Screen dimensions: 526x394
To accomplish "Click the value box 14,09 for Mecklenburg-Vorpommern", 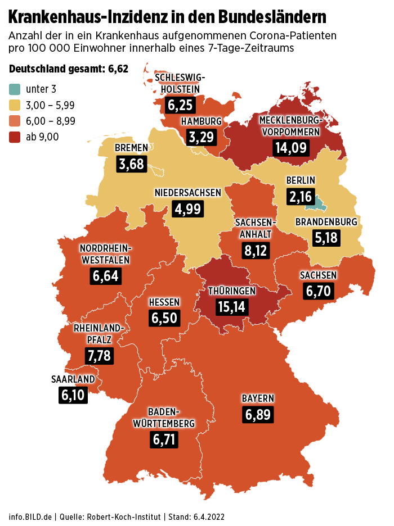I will point(290,147).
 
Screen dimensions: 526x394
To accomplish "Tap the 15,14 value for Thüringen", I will point(232,307).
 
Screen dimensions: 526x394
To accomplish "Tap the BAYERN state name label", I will point(258,398).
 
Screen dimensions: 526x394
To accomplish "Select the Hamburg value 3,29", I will point(201,137).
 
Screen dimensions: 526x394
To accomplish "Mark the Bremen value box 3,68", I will point(132,164).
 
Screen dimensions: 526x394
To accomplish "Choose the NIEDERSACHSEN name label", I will point(188,193).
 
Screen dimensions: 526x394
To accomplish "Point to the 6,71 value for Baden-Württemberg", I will point(164,438).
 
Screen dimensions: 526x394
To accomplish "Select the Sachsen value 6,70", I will point(319,291).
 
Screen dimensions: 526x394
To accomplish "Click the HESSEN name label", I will point(164,302).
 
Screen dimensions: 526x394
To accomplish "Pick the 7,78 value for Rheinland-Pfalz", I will point(99,355).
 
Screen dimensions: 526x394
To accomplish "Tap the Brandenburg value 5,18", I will point(326,238).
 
